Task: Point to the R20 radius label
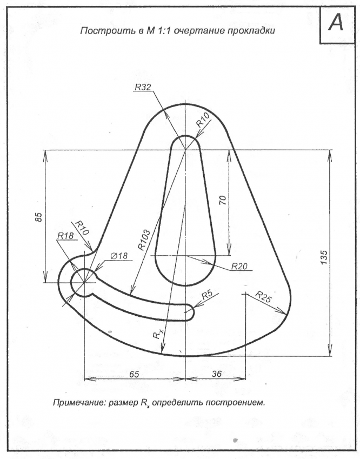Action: [239, 265]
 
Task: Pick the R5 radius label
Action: [206, 295]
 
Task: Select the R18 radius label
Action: [64, 236]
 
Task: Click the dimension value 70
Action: [222, 200]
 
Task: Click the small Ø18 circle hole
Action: [85, 282]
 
